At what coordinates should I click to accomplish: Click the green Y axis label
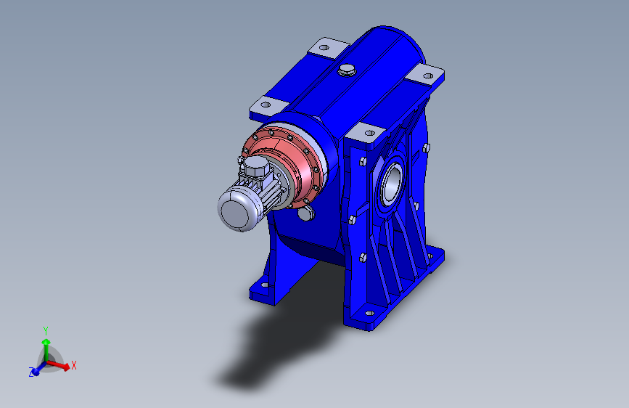(x=46, y=331)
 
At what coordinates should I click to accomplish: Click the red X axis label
(x=74, y=365)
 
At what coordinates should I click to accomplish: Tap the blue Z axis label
(x=31, y=372)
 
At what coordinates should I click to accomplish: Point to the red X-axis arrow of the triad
(x=58, y=365)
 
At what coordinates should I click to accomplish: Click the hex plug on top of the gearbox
(x=347, y=70)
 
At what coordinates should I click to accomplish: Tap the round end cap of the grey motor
(x=234, y=213)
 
